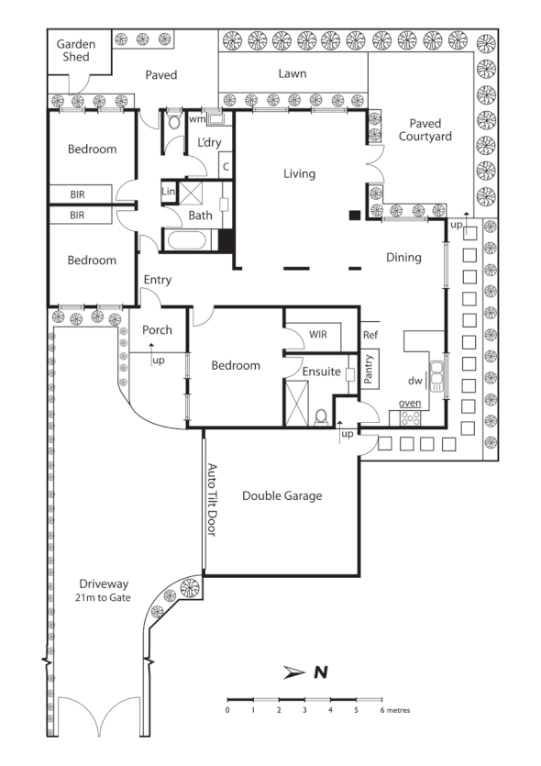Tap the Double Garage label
(282, 496)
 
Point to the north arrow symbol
(294, 672)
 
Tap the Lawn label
(293, 74)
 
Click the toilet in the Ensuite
(321, 416)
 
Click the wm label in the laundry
(196, 118)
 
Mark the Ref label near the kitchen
(370, 335)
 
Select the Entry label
(157, 280)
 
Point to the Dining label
(403, 258)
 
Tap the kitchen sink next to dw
(436, 375)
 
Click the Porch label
(157, 330)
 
